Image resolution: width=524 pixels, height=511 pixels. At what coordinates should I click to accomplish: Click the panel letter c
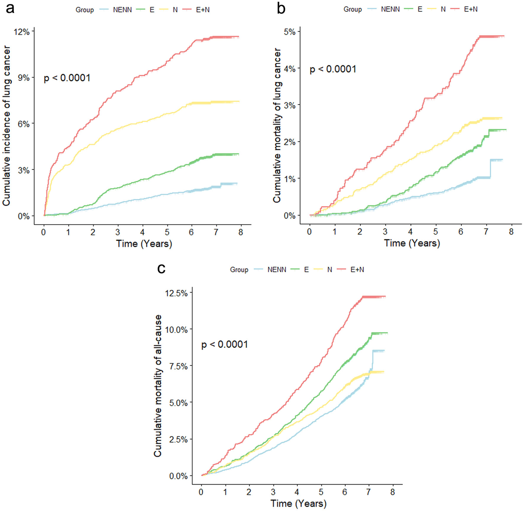tap(161, 268)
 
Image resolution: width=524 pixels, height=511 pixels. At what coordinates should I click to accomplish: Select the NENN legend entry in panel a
tap(122, 10)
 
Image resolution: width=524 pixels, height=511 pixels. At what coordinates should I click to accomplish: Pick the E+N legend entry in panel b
tap(470, 9)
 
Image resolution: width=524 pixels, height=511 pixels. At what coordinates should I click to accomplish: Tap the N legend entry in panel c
tap(329, 270)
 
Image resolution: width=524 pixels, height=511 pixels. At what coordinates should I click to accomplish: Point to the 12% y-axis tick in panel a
tap(22, 32)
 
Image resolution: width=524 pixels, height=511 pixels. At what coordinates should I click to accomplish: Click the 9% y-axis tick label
tap(24, 78)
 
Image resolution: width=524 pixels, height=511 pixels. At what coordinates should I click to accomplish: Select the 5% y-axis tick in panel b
tap(290, 32)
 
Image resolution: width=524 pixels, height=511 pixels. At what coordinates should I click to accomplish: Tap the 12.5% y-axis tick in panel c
tap(177, 293)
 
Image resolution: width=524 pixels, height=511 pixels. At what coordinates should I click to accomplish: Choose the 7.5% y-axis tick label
tap(178, 366)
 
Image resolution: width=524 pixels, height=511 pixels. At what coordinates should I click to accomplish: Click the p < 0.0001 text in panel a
tap(67, 78)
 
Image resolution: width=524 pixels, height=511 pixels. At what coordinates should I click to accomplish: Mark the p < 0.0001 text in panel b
tap(333, 69)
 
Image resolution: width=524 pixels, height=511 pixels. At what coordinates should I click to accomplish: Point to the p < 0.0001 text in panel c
tap(224, 345)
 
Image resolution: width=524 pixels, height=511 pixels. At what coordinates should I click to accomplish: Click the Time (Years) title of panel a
tap(144, 244)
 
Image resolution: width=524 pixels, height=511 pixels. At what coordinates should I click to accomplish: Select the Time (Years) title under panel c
tap(298, 503)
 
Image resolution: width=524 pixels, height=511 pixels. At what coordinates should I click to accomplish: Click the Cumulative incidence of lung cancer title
tap(7, 125)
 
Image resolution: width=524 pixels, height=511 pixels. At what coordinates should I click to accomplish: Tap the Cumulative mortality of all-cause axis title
tap(158, 386)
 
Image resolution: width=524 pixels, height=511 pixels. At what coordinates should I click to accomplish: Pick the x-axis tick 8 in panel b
tap(511, 232)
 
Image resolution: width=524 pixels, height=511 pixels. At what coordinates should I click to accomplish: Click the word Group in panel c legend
tap(239, 270)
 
